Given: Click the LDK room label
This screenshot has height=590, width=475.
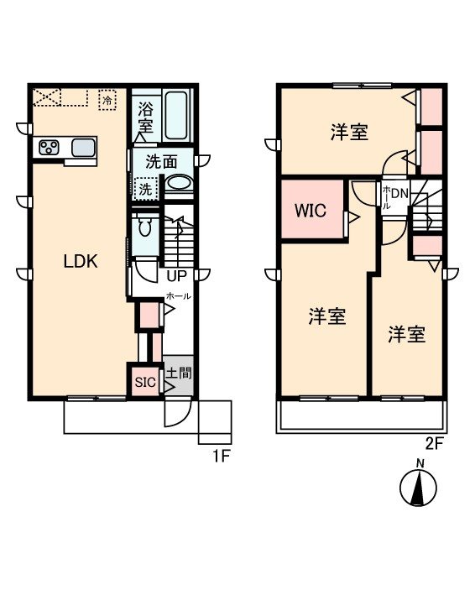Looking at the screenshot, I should pos(81,261).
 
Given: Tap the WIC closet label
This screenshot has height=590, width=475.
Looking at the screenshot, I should pos(310,209).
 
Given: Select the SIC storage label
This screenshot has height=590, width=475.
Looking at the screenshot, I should pos(145,381).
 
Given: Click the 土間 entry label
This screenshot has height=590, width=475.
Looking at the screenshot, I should pos(176,371).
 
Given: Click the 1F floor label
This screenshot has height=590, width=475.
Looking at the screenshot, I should pos(221,457).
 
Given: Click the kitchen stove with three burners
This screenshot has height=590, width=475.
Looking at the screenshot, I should pos(49,149).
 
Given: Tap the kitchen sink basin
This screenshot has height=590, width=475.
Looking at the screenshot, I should pos(83,149).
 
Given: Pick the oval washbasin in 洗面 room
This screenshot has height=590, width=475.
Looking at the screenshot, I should pos(177,182).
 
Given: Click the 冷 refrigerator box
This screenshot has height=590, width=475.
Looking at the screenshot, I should pos(107,100).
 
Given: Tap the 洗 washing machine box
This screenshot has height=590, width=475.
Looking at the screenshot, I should pos(146,190).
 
